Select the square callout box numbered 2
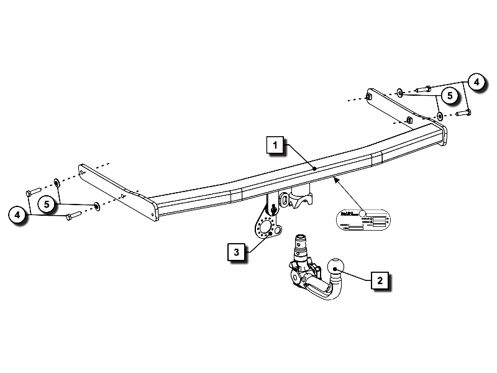click(x=379, y=281)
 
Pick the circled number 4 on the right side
click(x=476, y=82)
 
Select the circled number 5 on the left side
click(x=46, y=204)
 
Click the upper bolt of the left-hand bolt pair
click(x=34, y=189)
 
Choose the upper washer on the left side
click(x=57, y=182)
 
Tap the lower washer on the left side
click(x=96, y=205)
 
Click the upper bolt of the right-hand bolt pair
click(x=424, y=88)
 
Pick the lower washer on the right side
click(x=439, y=116)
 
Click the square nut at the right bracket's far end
click(x=369, y=97)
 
